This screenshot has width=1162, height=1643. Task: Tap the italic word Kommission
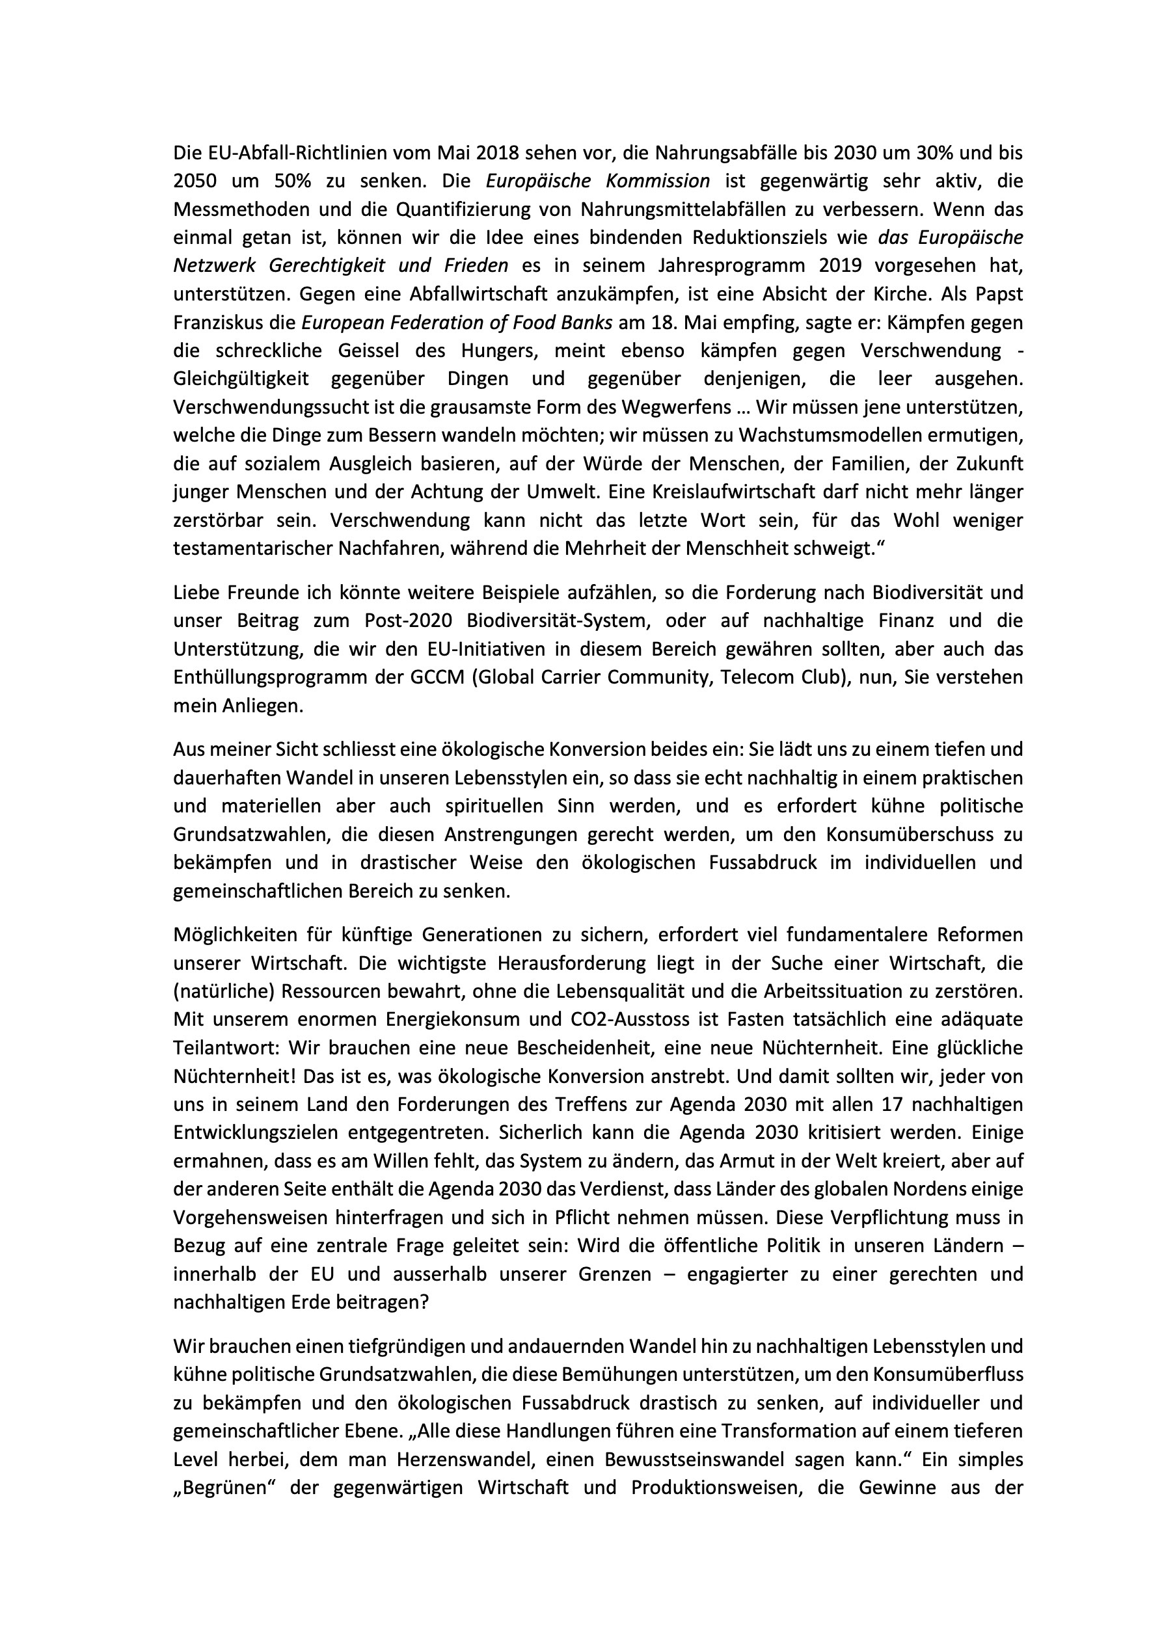[651, 181]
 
